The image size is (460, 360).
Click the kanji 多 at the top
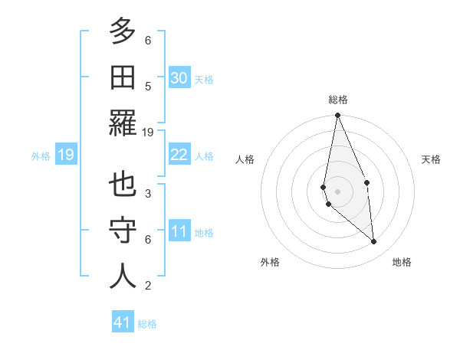123,31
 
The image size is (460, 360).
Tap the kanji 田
123,77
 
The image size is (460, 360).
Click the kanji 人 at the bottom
123,276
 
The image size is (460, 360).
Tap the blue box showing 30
179,77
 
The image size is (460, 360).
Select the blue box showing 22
179,155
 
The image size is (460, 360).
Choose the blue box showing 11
179,231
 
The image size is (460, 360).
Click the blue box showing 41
123,322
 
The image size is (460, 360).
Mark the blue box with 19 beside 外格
65,155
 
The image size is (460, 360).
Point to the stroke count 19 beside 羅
149,132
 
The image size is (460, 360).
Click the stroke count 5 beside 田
148,86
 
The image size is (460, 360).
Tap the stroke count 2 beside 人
148,286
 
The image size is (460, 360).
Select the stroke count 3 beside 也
148,193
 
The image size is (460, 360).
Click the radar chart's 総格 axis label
337,100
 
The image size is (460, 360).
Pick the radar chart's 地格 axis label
402,262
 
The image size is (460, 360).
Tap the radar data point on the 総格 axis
337,116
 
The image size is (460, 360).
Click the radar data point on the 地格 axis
374,242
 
